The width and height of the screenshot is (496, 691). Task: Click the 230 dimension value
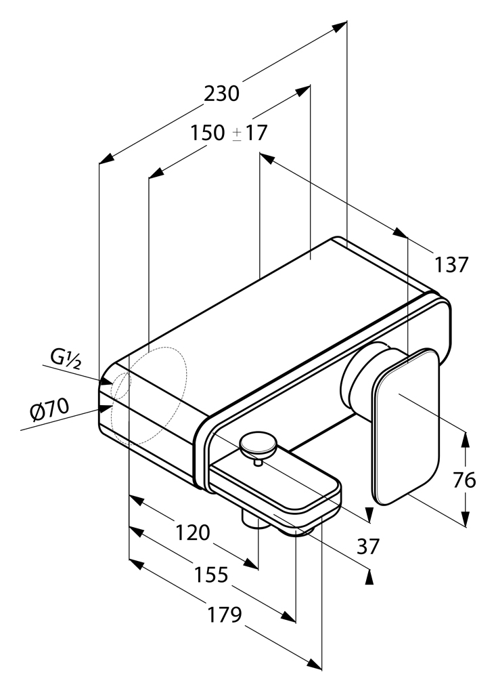(222, 93)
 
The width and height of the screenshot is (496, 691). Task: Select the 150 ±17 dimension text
(229, 133)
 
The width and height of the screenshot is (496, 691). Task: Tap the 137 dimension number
(451, 265)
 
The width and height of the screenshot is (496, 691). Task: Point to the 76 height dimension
(465, 480)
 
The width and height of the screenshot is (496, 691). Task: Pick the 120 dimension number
(193, 533)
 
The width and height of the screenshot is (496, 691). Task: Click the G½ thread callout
(66, 358)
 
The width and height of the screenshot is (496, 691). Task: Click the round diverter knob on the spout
(258, 444)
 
